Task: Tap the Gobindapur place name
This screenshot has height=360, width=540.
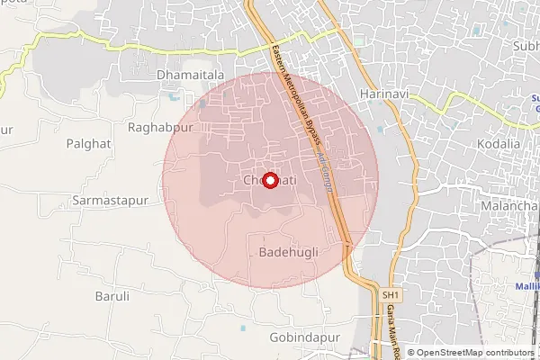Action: click(306, 337)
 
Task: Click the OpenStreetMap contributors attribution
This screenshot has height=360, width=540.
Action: click(474, 352)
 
